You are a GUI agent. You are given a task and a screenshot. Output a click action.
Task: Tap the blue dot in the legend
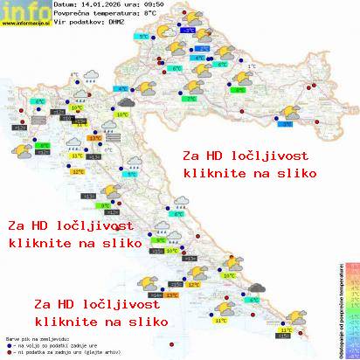pyautogui.click(x=9, y=343)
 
